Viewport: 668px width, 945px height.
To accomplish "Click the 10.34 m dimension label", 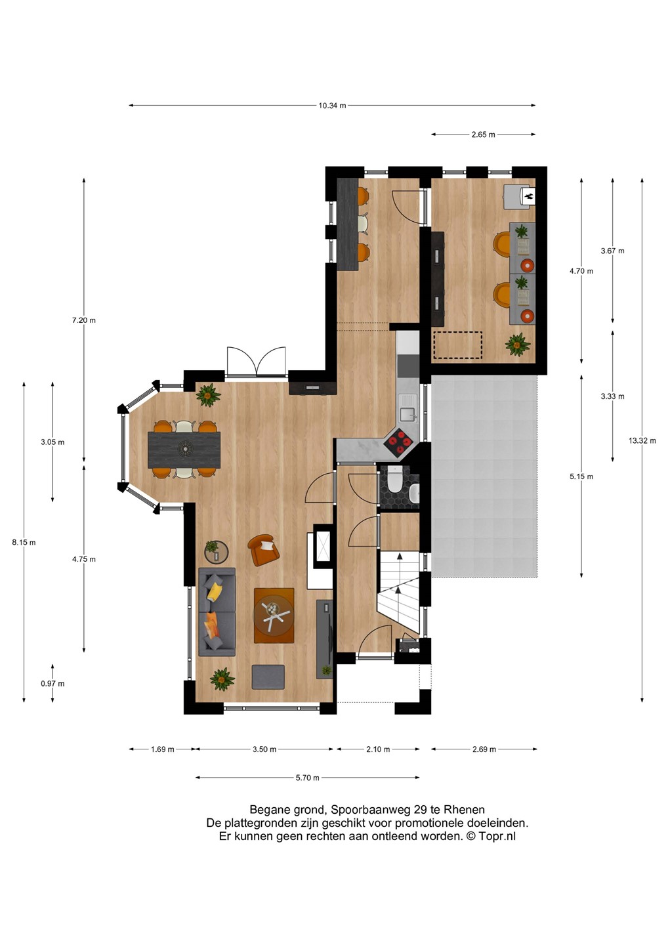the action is (332, 106).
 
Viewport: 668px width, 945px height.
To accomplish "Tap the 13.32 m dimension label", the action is (642, 440).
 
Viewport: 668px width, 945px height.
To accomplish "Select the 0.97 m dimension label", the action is (52, 683).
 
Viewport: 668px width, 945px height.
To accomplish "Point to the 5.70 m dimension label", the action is (307, 778).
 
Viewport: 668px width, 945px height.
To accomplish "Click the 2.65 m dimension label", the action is (484, 135).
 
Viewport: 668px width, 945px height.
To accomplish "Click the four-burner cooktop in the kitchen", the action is (398, 442).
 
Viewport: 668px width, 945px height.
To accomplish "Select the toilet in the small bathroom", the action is (394, 479).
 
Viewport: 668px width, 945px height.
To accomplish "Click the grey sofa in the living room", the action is (217, 612).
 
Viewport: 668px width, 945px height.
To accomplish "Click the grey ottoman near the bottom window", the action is (268, 677).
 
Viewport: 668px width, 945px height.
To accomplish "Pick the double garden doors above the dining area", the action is (256, 362).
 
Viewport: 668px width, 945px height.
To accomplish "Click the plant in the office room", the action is (518, 345).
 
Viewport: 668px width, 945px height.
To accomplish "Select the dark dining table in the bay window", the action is (184, 450).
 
